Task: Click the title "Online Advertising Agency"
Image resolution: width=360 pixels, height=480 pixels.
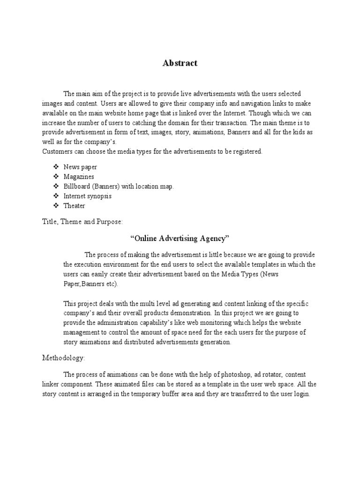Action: coord(180,239)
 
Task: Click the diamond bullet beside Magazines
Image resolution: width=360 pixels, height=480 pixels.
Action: coord(56,177)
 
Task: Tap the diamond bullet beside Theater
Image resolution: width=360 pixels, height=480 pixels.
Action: coord(56,206)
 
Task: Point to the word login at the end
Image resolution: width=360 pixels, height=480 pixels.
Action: coord(301,394)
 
